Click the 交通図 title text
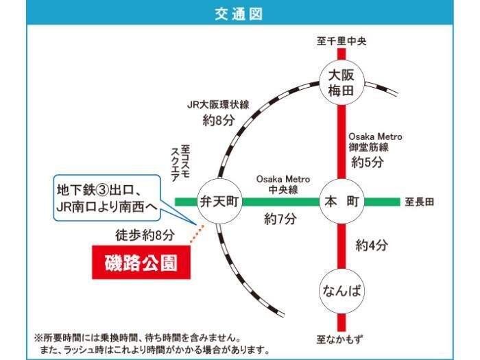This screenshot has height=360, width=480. (239, 14)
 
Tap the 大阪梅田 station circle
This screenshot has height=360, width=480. (341, 83)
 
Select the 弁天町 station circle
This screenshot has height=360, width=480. (219, 202)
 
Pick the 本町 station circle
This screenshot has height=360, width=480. (341, 202)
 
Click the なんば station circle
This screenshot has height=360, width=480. (341, 291)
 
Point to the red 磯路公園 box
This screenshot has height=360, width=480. (141, 263)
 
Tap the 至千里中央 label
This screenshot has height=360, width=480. (341, 41)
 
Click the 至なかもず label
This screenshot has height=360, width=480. (339, 339)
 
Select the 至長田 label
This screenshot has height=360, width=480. (419, 202)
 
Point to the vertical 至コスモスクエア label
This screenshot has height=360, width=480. (180, 163)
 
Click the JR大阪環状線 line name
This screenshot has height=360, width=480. (218, 105)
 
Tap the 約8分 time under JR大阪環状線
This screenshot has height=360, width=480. (219, 120)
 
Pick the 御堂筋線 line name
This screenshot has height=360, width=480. (369, 147)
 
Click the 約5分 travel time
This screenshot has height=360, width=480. (368, 162)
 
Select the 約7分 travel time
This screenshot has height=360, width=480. (280, 219)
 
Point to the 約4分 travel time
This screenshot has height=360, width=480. (372, 245)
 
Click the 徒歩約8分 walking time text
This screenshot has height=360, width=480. (145, 235)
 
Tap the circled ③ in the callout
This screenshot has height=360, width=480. (103, 191)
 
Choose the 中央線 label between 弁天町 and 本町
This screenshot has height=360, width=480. (283, 190)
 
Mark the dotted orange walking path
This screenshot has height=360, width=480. (197, 235)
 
